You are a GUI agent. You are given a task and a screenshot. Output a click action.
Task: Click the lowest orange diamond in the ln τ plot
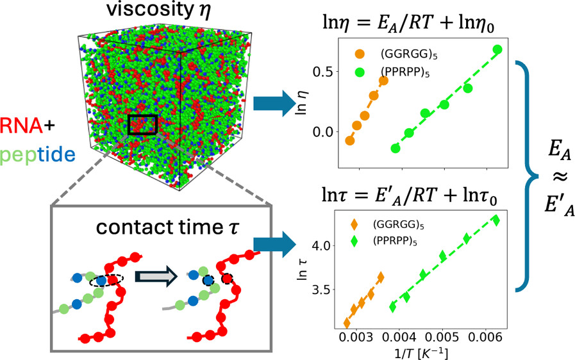(347, 323)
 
